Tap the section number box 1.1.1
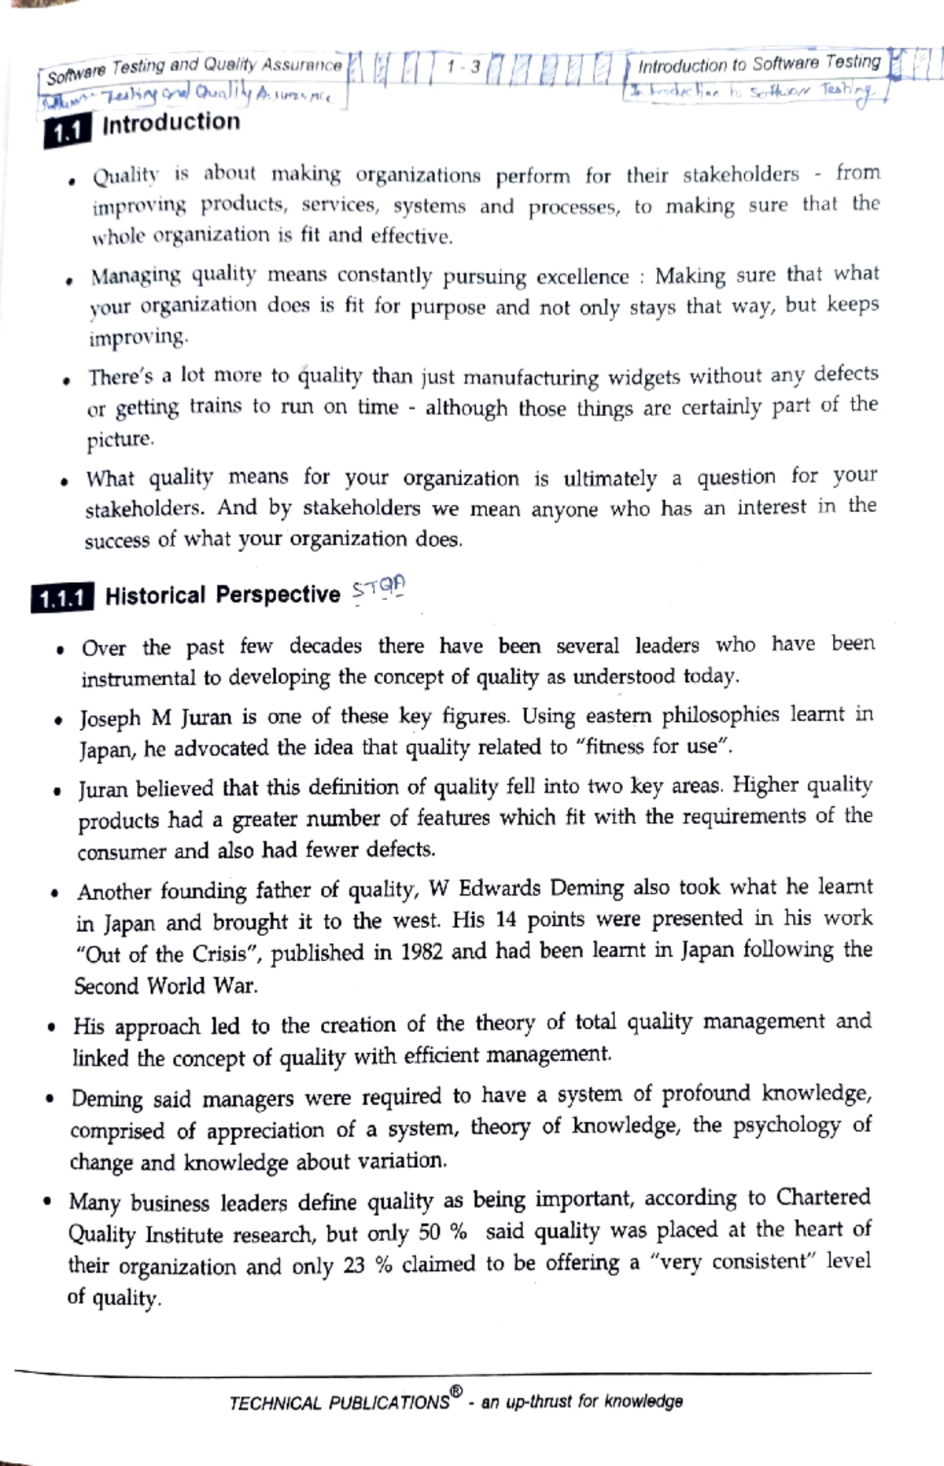[61, 599]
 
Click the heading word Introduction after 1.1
[171, 123]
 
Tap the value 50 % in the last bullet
[443, 1232]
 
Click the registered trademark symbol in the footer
[456, 1394]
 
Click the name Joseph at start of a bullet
[109, 719]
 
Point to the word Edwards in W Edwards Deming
[499, 889]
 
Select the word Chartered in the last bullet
[823, 1197]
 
